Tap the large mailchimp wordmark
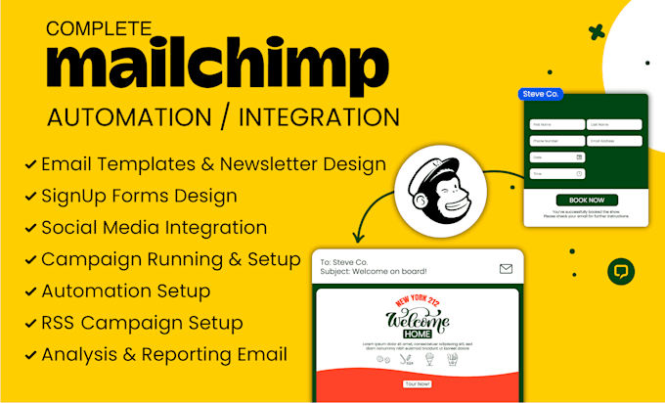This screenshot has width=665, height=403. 212,68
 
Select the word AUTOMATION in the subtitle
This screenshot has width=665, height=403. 129,117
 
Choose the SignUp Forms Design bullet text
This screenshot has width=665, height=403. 139,196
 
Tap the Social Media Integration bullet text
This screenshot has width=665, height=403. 154,228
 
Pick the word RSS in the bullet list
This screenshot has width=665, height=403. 59,323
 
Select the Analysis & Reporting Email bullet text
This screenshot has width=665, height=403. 164,354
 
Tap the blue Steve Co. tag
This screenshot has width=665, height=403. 540,94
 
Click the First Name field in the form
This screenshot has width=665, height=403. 556,125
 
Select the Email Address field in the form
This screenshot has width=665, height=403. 613,141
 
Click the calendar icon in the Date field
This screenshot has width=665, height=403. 579,157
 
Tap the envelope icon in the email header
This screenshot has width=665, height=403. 506,268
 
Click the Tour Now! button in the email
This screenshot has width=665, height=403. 418,384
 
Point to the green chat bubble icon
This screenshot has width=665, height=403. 620,272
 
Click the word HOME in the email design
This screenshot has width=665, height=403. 418,334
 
